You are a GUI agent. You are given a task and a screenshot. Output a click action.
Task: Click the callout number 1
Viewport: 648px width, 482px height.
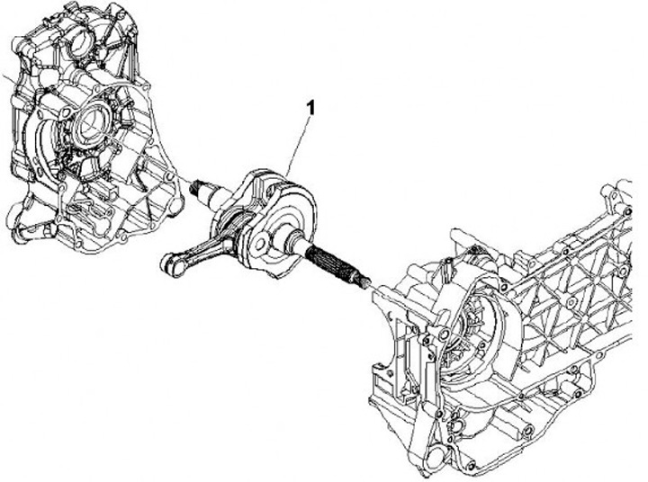pyautogui.click(x=310, y=107)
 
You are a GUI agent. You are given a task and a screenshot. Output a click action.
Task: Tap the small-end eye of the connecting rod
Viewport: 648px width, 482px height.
pyautogui.click(x=169, y=263)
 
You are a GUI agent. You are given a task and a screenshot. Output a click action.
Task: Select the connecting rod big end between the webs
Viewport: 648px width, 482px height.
pyautogui.click(x=235, y=225)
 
